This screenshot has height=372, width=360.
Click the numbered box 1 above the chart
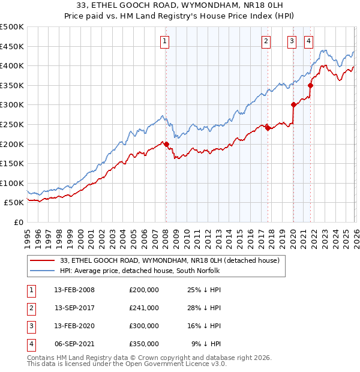pos(164,41)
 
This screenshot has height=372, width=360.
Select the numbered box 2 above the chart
pos(265,41)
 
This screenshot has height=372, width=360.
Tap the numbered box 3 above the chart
pos(292,41)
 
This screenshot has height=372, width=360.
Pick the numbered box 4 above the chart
pos(308,41)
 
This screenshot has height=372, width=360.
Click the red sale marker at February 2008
pos(166,143)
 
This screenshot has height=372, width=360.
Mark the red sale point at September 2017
pos(268,127)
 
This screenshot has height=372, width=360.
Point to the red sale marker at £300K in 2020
pos(293,104)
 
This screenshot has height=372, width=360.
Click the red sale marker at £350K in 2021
pos(310,85)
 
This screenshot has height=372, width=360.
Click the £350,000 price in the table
pos(143,344)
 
